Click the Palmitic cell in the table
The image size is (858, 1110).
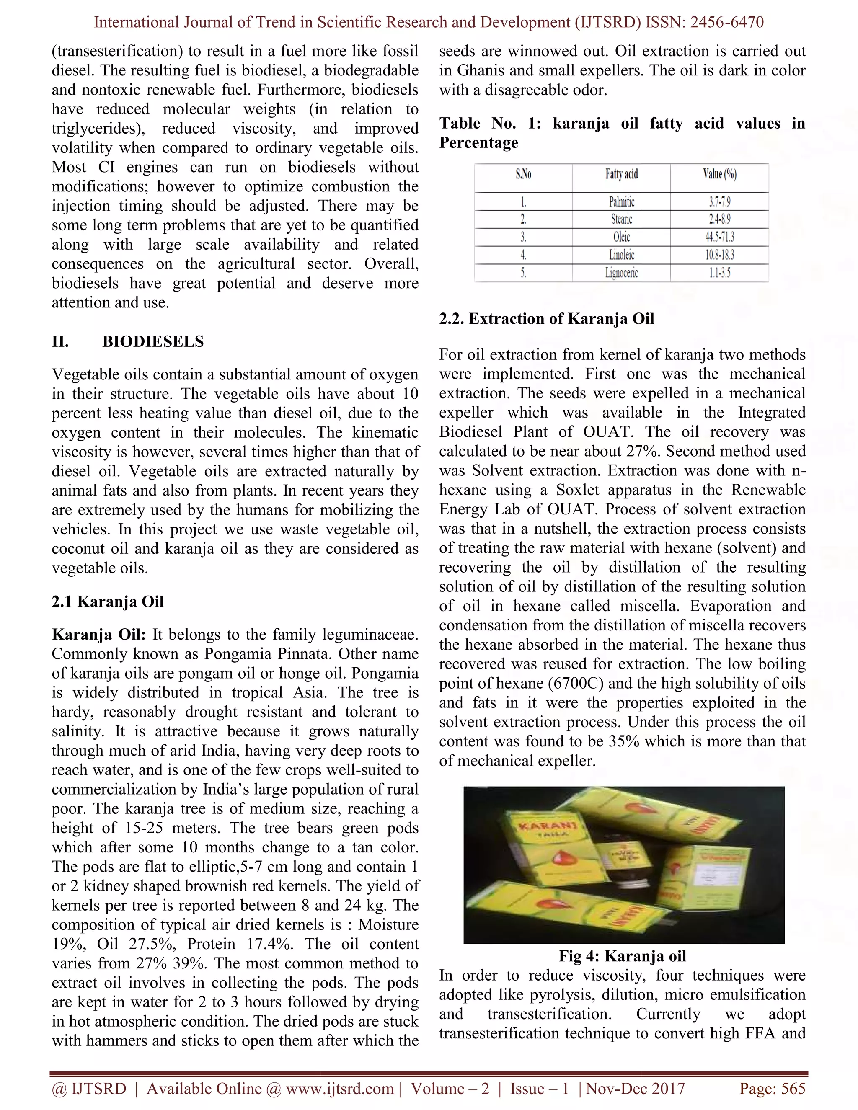(x=621, y=202)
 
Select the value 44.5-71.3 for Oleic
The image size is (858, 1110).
(x=719, y=237)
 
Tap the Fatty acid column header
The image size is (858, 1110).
(x=621, y=174)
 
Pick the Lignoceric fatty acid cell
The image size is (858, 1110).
(x=621, y=273)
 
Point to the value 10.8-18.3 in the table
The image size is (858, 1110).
(x=719, y=255)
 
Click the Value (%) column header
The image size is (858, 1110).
(x=719, y=174)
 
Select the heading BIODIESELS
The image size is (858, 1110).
(x=152, y=341)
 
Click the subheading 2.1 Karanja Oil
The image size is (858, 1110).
(x=108, y=602)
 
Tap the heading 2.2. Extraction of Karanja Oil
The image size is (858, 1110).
(x=546, y=319)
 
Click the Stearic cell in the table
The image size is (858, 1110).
(x=621, y=219)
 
